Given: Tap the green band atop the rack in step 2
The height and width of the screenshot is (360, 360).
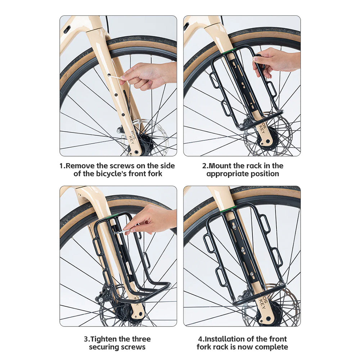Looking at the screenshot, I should tap(229, 51).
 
